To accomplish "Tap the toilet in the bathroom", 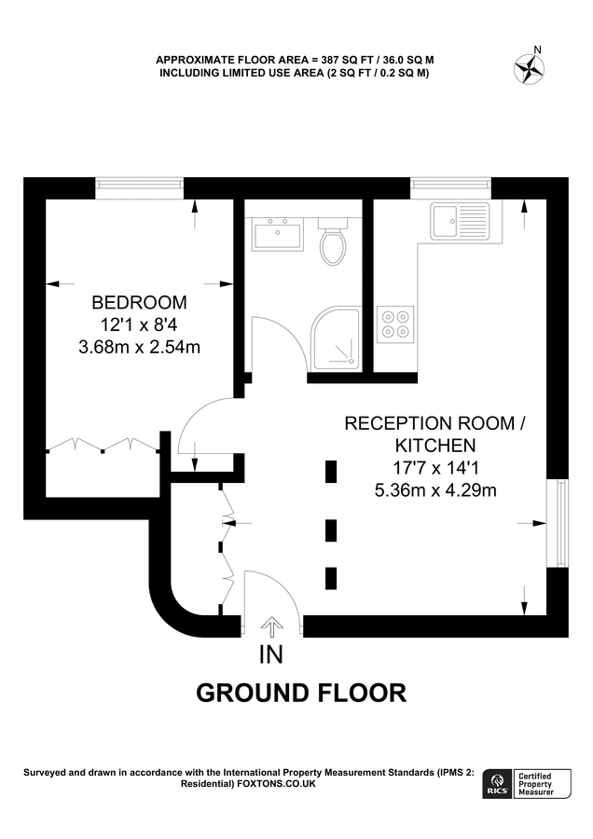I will pyautogui.click(x=331, y=243).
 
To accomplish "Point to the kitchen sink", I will pyautogui.click(x=459, y=222).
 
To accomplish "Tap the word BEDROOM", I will pyautogui.click(x=138, y=303).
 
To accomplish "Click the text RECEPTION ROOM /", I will pyautogui.click(x=435, y=424).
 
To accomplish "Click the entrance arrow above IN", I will pyautogui.click(x=271, y=626).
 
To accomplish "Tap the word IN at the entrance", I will pyautogui.click(x=270, y=655).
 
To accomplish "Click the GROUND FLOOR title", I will pyautogui.click(x=300, y=694).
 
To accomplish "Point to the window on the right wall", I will pyautogui.click(x=559, y=522).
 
